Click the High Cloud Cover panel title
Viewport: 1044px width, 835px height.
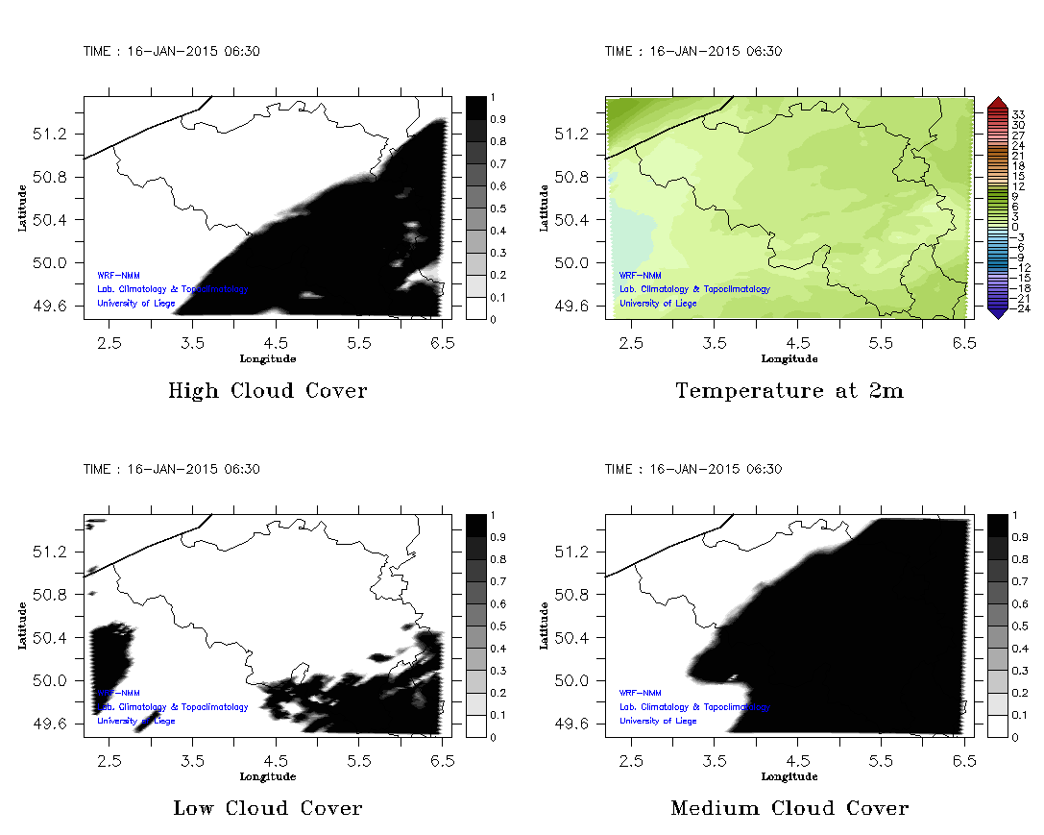pos(267,391)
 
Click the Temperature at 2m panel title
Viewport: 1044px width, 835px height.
pos(789,391)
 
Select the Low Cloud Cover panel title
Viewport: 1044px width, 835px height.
pos(267,808)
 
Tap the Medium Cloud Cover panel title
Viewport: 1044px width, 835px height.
pos(789,808)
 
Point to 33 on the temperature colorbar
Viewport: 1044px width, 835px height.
pos(1019,114)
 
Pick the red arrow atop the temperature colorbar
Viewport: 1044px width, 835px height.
pos(996,102)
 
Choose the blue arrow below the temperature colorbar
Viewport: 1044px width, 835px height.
pos(996,312)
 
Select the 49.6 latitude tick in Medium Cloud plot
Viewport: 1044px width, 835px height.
pos(573,724)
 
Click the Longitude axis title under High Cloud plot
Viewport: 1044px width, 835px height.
pos(267,358)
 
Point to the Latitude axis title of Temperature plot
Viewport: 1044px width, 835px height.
pos(544,208)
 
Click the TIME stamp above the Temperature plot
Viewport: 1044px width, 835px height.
pos(693,52)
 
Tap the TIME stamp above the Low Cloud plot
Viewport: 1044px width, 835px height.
pos(171,469)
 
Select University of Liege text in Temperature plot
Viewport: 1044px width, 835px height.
pos(658,304)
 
